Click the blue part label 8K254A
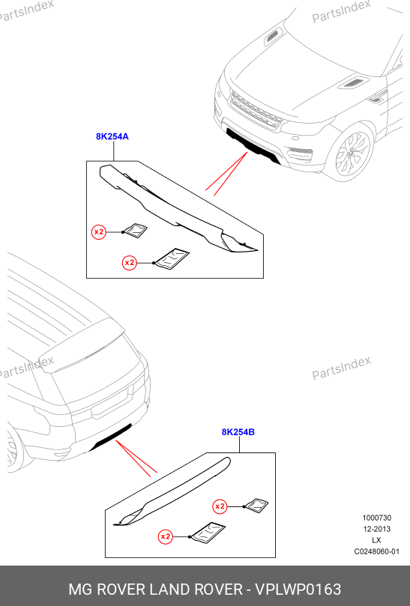pyautogui.click(x=112, y=136)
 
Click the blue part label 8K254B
pyautogui.click(x=238, y=432)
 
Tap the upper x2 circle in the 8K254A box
pyautogui.click(x=99, y=232)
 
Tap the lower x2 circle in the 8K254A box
pyautogui.click(x=130, y=263)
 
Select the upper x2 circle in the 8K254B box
pyautogui.click(x=220, y=506)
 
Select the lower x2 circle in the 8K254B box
pyautogui.click(x=166, y=536)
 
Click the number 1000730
pyautogui.click(x=377, y=518)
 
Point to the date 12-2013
pyautogui.click(x=377, y=529)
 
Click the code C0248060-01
pyautogui.click(x=377, y=551)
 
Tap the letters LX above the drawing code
pyautogui.click(x=377, y=540)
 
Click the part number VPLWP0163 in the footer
pyautogui.click(x=298, y=590)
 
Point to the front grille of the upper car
pyautogui.click(x=256, y=109)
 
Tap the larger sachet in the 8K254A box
pyautogui.click(x=172, y=259)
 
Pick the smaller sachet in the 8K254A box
pyautogui.click(x=136, y=231)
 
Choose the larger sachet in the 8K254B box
pyautogui.click(x=207, y=533)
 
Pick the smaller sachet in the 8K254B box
pyautogui.click(x=256, y=505)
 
